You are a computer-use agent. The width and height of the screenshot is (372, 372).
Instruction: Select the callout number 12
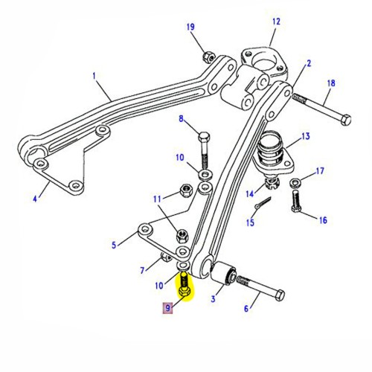coord(277,22)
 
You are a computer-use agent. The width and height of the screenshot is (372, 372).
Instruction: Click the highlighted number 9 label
coord(167,307)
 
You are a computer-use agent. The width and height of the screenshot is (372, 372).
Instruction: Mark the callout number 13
coord(305,137)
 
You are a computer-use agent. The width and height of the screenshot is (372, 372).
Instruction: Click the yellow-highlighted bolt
coord(184,285)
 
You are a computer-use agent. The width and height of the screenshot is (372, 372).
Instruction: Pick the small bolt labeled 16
coord(298,201)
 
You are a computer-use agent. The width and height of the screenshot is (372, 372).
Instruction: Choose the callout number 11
coord(155,199)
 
